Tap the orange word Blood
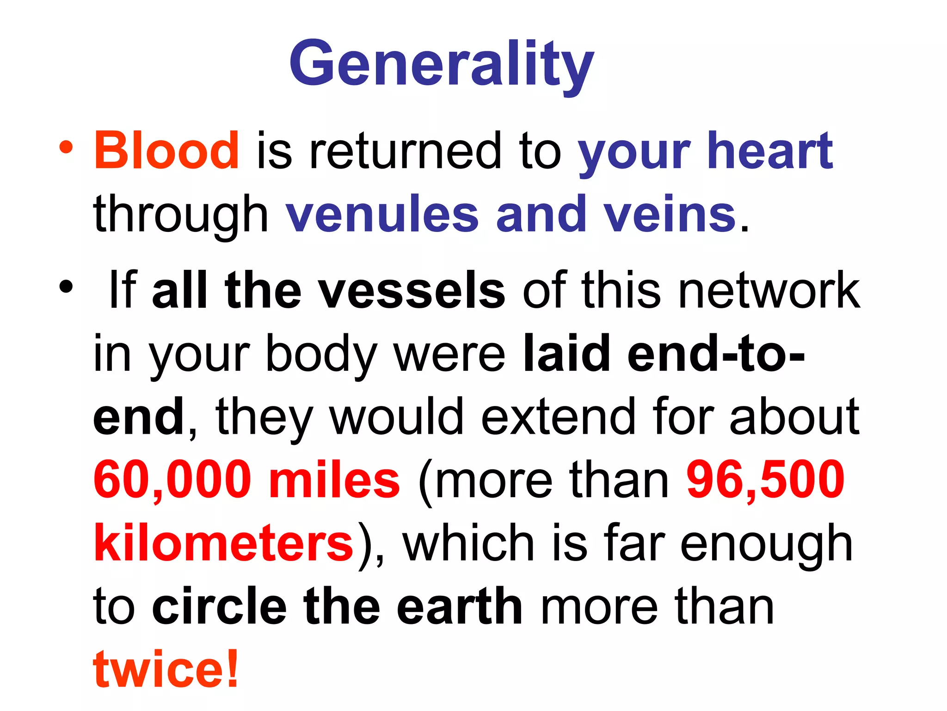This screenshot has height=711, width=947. pyautogui.click(x=166, y=150)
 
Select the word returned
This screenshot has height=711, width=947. pyautogui.click(x=405, y=150)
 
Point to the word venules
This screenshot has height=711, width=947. pyautogui.click(x=382, y=214)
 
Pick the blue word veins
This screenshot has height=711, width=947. pyautogui.click(x=670, y=214)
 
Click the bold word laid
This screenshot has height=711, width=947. pyautogui.click(x=567, y=354)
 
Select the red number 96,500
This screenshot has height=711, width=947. pyautogui.click(x=765, y=480)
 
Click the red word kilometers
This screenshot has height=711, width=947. pyautogui.click(x=224, y=543)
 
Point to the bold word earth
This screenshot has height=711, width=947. pyautogui.click(x=460, y=606)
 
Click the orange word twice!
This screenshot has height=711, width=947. pyautogui.click(x=166, y=669)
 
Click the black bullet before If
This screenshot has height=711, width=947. pyautogui.click(x=66, y=287)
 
